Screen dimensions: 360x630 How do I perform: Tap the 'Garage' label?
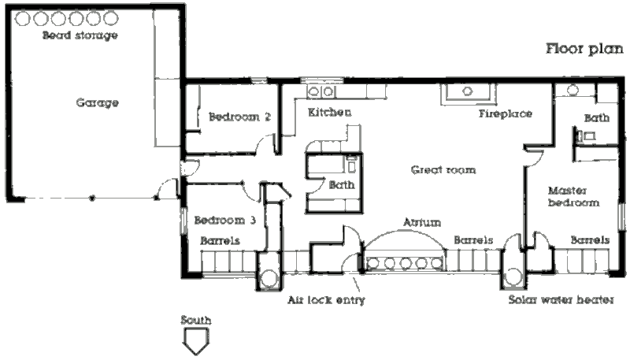(x=98, y=103)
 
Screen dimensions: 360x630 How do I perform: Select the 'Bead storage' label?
(x=80, y=35)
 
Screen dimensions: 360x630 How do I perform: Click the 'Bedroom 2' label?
(x=239, y=117)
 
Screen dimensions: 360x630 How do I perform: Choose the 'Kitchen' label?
(x=329, y=113)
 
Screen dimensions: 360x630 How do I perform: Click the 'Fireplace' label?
(x=506, y=113)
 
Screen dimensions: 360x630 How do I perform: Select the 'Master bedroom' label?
(x=573, y=196)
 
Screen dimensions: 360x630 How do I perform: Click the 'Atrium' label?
(x=422, y=222)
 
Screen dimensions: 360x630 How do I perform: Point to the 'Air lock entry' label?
(x=326, y=300)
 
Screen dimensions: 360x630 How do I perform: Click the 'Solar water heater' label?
(x=560, y=300)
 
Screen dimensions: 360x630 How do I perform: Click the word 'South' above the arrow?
(x=195, y=321)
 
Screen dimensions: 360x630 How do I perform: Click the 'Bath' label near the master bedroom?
(x=595, y=118)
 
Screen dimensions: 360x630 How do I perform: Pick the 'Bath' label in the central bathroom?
(x=342, y=185)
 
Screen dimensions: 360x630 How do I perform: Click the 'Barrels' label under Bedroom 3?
(x=220, y=240)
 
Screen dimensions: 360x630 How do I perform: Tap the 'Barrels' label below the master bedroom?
(x=589, y=239)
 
